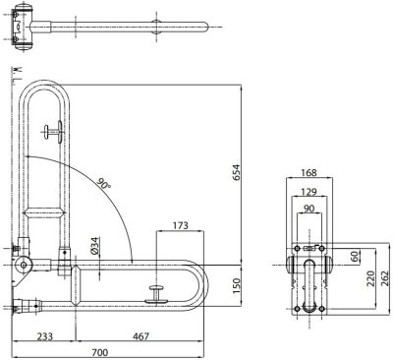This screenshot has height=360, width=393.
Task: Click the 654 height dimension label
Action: [x=236, y=172]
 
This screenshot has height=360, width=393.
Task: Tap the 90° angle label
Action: [x=104, y=183]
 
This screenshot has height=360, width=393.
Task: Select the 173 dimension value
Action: [x=180, y=225]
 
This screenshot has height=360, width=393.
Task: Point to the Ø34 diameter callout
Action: [x=95, y=246]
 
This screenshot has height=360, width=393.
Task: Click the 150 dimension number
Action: [x=236, y=285]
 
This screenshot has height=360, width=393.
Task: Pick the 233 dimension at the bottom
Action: [x=44, y=336]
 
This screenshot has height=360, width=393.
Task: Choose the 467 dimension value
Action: [x=140, y=336]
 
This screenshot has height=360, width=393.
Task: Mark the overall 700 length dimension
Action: [x=99, y=353]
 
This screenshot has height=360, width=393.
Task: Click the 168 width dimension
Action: [x=309, y=172]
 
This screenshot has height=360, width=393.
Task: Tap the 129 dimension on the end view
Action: [x=309, y=191]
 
